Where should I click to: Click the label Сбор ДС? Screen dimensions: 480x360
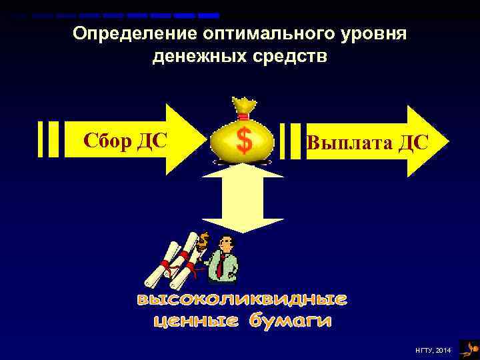pyautogui.click(x=125, y=141)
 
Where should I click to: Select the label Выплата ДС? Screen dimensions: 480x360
pyautogui.click(x=366, y=143)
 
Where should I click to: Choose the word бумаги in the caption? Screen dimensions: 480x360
pyautogui.click(x=290, y=322)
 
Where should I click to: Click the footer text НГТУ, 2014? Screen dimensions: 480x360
pyautogui.click(x=434, y=350)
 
